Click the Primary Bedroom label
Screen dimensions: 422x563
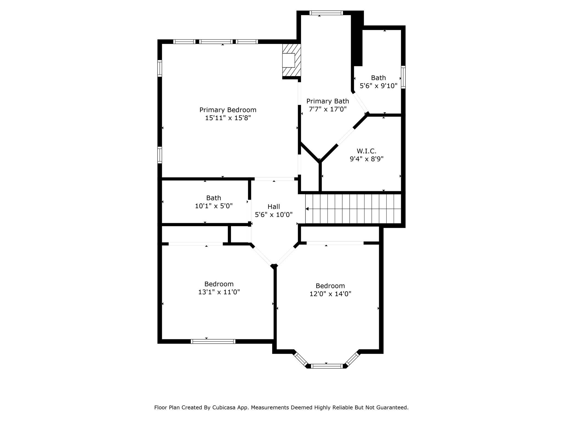pos(228,110)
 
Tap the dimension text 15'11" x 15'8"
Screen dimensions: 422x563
pos(228,118)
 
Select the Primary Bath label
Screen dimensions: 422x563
pos(328,101)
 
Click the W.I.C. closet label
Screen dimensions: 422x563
pos(366,151)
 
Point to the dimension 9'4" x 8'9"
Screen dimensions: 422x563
pos(366,159)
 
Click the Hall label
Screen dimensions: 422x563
pos(274,207)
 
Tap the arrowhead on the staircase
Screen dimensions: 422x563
pos(307,209)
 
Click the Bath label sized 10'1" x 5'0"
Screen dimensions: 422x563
pos(214,198)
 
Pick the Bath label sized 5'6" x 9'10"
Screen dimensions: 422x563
pos(378,78)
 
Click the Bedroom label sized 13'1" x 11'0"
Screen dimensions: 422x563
pos(219,284)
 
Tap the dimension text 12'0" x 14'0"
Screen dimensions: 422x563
pos(330,294)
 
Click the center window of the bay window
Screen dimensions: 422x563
pos(327,366)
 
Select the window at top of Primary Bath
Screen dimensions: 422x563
pos(326,13)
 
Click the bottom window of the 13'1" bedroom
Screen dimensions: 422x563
pos(213,342)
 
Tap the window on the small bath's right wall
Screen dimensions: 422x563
pos(403,77)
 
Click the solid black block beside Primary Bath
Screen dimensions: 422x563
pos(358,38)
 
